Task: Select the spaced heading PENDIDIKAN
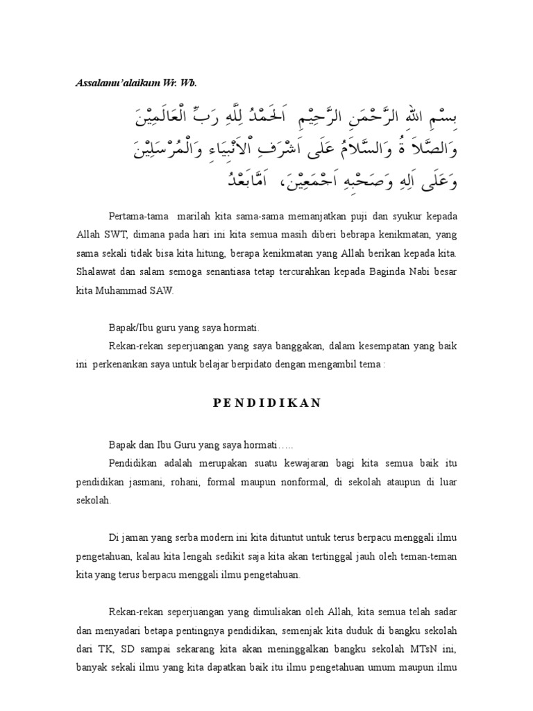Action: pyautogui.click(x=266, y=403)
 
